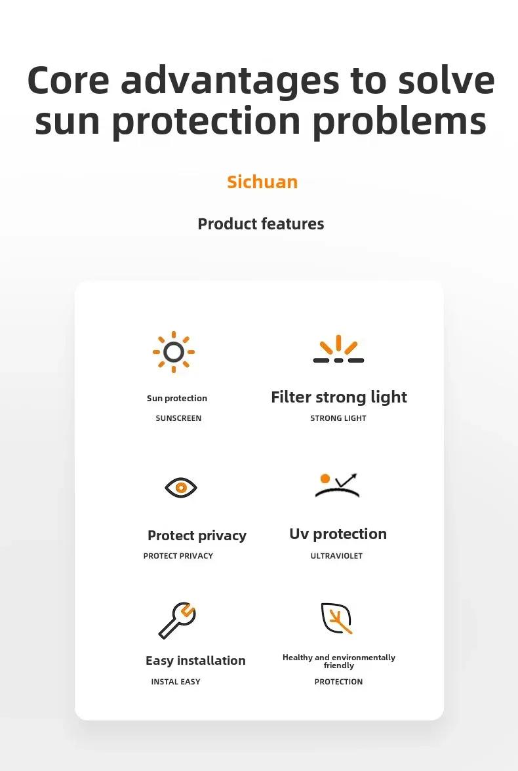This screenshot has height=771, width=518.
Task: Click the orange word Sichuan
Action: click(x=262, y=182)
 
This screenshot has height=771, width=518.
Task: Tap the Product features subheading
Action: click(x=261, y=224)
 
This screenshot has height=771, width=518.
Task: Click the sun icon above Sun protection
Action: click(x=174, y=352)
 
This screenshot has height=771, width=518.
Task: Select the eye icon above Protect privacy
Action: click(x=180, y=487)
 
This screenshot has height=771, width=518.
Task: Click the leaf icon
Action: click(x=336, y=618)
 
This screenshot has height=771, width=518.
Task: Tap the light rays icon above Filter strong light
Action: click(x=338, y=349)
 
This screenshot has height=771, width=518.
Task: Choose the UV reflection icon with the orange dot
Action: click(x=338, y=485)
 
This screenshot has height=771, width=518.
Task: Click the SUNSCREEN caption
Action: click(x=178, y=418)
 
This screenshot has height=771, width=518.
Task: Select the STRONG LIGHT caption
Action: click(x=338, y=418)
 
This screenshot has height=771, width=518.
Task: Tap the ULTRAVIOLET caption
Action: click(x=336, y=556)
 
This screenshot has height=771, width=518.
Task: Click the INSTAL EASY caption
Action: click(x=176, y=682)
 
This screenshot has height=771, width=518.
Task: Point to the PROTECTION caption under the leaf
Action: click(x=338, y=682)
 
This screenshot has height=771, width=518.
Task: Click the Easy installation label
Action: click(x=195, y=660)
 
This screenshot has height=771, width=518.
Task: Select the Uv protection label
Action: click(x=338, y=534)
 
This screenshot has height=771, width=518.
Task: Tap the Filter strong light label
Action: click(x=339, y=397)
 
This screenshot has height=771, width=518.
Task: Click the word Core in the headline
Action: click(x=68, y=80)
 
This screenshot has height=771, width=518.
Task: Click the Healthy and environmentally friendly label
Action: click(x=339, y=662)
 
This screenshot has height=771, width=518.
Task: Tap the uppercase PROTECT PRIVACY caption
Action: click(x=178, y=556)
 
